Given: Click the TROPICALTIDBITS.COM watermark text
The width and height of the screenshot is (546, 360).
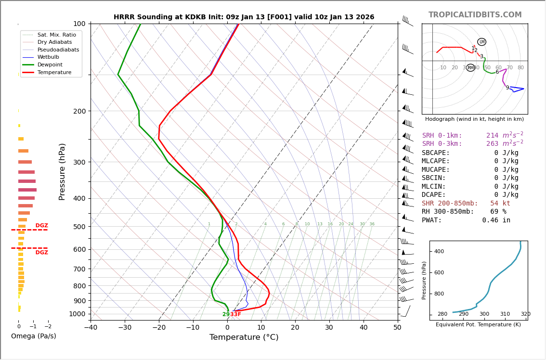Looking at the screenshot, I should pyautogui.click(x=475, y=15).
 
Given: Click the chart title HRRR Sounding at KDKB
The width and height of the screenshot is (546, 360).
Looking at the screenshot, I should pyautogui.click(x=244, y=17).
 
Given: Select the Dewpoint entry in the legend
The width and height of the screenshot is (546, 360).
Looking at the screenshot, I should pyautogui.click(x=51, y=64).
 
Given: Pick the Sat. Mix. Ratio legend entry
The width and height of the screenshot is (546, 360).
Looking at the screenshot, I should pyautogui.click(x=56, y=35).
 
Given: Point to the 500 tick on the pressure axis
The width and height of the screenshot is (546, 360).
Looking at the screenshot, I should pyautogui.click(x=79, y=227).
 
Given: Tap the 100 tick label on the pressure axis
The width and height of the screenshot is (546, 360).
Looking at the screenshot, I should pyautogui.click(x=79, y=24).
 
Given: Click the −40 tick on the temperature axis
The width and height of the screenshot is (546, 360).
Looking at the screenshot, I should pyautogui.click(x=91, y=328).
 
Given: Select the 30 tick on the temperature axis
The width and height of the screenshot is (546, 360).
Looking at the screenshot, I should pyautogui.click(x=329, y=328).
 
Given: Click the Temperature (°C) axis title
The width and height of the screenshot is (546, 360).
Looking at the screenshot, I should pyautogui.click(x=244, y=337).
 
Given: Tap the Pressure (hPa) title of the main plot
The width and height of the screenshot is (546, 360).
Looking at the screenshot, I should pyautogui.click(x=62, y=171).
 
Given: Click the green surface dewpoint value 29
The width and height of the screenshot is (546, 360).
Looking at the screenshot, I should pyautogui.click(x=226, y=314).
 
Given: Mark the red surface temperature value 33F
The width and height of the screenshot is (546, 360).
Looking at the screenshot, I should pyautogui.click(x=235, y=314).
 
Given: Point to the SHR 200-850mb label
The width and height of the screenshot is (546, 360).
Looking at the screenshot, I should pyautogui.click(x=450, y=204).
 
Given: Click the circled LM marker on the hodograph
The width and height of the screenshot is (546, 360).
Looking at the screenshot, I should pyautogui.click(x=481, y=42).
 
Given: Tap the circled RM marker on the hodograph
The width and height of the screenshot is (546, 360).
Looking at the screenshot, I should pyautogui.click(x=470, y=68).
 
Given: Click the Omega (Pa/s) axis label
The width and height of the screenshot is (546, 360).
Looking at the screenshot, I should pyautogui.click(x=33, y=336).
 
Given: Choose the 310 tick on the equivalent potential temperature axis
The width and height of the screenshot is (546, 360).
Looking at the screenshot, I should pyautogui.click(x=505, y=314).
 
